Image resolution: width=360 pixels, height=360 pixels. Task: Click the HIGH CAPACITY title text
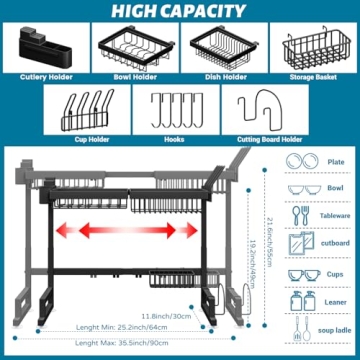click(x=179, y=11)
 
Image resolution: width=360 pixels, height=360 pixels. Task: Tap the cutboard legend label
click(x=336, y=243)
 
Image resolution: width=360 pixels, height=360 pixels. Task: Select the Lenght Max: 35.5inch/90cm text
click(x=117, y=342)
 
